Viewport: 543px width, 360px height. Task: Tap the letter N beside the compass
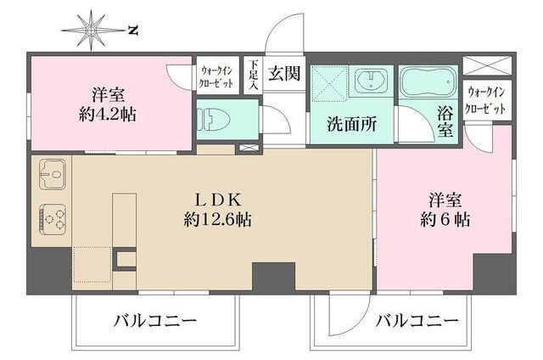132,31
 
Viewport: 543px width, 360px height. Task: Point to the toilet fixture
210,119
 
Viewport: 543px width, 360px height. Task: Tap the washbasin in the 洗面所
370,82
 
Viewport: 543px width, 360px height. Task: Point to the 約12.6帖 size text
219,220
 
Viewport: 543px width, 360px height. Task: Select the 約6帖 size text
445,220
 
